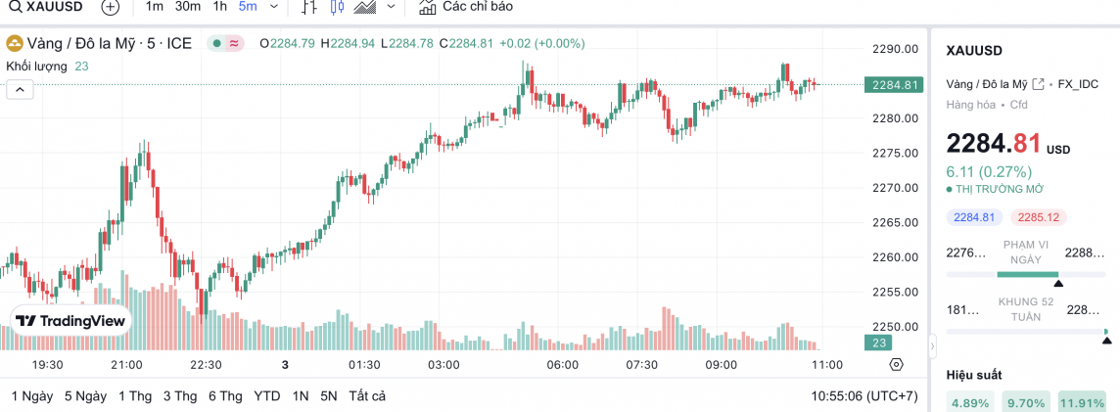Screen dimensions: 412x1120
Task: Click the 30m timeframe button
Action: coord(188,7)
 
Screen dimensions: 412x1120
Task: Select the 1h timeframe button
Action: coord(220,7)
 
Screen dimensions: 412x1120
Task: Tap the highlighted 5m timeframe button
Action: coord(248,7)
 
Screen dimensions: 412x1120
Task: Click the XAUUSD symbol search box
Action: coord(47,7)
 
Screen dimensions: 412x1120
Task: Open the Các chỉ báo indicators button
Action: coord(466,7)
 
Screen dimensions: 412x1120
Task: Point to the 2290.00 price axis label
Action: coord(894,49)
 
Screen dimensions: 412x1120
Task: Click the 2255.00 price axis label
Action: coord(894,293)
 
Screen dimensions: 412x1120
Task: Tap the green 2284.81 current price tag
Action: coord(894,84)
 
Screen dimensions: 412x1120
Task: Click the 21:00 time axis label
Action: coord(127,365)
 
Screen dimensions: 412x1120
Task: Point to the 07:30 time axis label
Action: coord(641,365)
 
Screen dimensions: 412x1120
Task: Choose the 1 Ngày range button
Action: coord(32,396)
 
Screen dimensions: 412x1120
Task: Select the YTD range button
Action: coord(266,396)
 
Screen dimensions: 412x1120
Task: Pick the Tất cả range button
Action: coord(367,396)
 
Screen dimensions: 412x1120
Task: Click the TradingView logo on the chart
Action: coord(70,321)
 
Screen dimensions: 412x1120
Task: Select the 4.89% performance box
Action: coord(970,402)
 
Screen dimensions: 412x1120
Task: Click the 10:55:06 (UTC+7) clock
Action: coord(864,396)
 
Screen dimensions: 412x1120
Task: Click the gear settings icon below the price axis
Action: coord(896,365)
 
